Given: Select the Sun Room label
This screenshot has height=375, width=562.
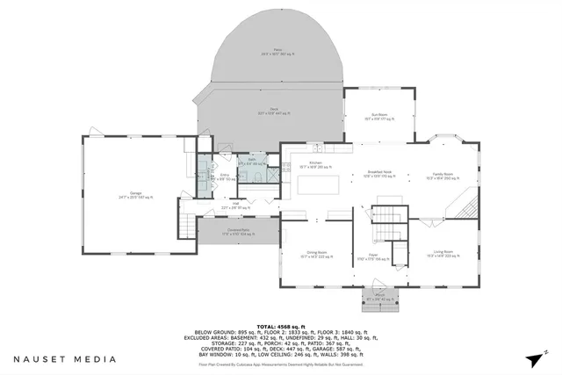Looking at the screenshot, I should click(x=379, y=115).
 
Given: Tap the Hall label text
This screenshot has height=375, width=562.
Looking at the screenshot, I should click(x=236, y=205).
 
